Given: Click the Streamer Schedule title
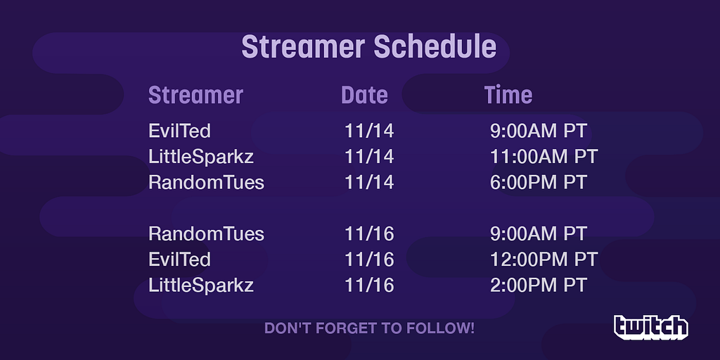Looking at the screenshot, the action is [368, 47].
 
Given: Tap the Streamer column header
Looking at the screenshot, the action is [195, 95].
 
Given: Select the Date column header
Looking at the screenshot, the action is [365, 95].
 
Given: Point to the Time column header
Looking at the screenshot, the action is [508, 95].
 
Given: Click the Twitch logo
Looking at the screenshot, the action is [650, 328].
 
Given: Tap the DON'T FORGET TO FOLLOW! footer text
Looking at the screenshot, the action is [369, 328].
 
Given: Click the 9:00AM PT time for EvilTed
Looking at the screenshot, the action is [539, 131].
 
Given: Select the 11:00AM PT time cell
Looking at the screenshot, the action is [544, 157].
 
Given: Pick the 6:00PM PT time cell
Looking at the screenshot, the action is [539, 182].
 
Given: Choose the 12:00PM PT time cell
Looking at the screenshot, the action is [544, 259].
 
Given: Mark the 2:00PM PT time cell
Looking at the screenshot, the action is [539, 285].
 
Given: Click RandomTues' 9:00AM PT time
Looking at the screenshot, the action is [539, 233].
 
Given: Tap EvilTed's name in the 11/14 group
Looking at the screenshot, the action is [179, 131].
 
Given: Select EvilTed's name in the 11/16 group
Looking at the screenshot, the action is [179, 259].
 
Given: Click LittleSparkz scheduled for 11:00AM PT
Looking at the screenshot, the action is [201, 157].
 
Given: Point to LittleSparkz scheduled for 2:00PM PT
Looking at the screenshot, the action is [201, 285].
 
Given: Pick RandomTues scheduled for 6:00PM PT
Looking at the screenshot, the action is [206, 182].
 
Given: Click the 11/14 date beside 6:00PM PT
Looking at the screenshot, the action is [369, 182].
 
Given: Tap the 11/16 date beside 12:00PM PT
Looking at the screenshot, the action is [369, 259].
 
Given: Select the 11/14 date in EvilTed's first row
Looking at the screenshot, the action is [369, 131].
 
